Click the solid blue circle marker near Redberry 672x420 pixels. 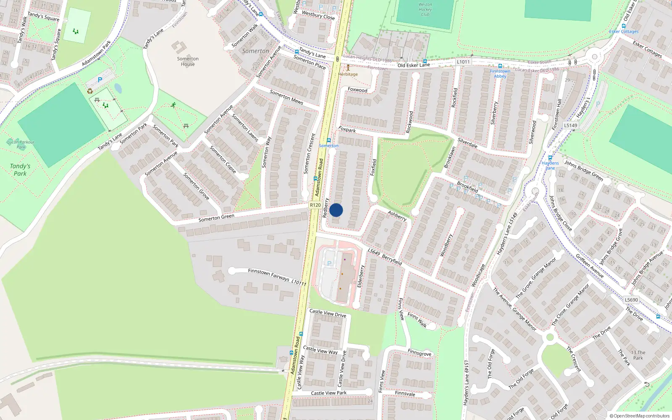click(x=336, y=210)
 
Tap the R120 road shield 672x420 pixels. click(x=315, y=205)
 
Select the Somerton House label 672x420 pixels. click(x=188, y=61)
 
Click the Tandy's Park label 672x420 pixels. click(x=20, y=170)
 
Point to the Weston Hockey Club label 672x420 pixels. click(x=425, y=9)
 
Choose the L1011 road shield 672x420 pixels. click(x=463, y=62)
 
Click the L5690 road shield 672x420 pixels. click(x=631, y=300)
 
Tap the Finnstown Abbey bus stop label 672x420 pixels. click(x=500, y=73)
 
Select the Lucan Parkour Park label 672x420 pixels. click(x=21, y=144)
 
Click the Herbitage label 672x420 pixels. click(x=348, y=74)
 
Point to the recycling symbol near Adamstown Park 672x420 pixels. click(x=90, y=91)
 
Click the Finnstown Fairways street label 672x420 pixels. click(x=269, y=275)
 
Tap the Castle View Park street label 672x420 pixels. click(x=329, y=393)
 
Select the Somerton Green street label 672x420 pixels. click(x=216, y=218)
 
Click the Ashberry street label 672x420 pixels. click(x=397, y=215)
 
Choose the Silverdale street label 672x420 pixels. click(x=467, y=143)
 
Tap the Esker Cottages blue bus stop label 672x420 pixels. click(x=624, y=31)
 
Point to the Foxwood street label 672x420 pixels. click(x=357, y=90)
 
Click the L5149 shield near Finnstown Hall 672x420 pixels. click(x=570, y=125)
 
